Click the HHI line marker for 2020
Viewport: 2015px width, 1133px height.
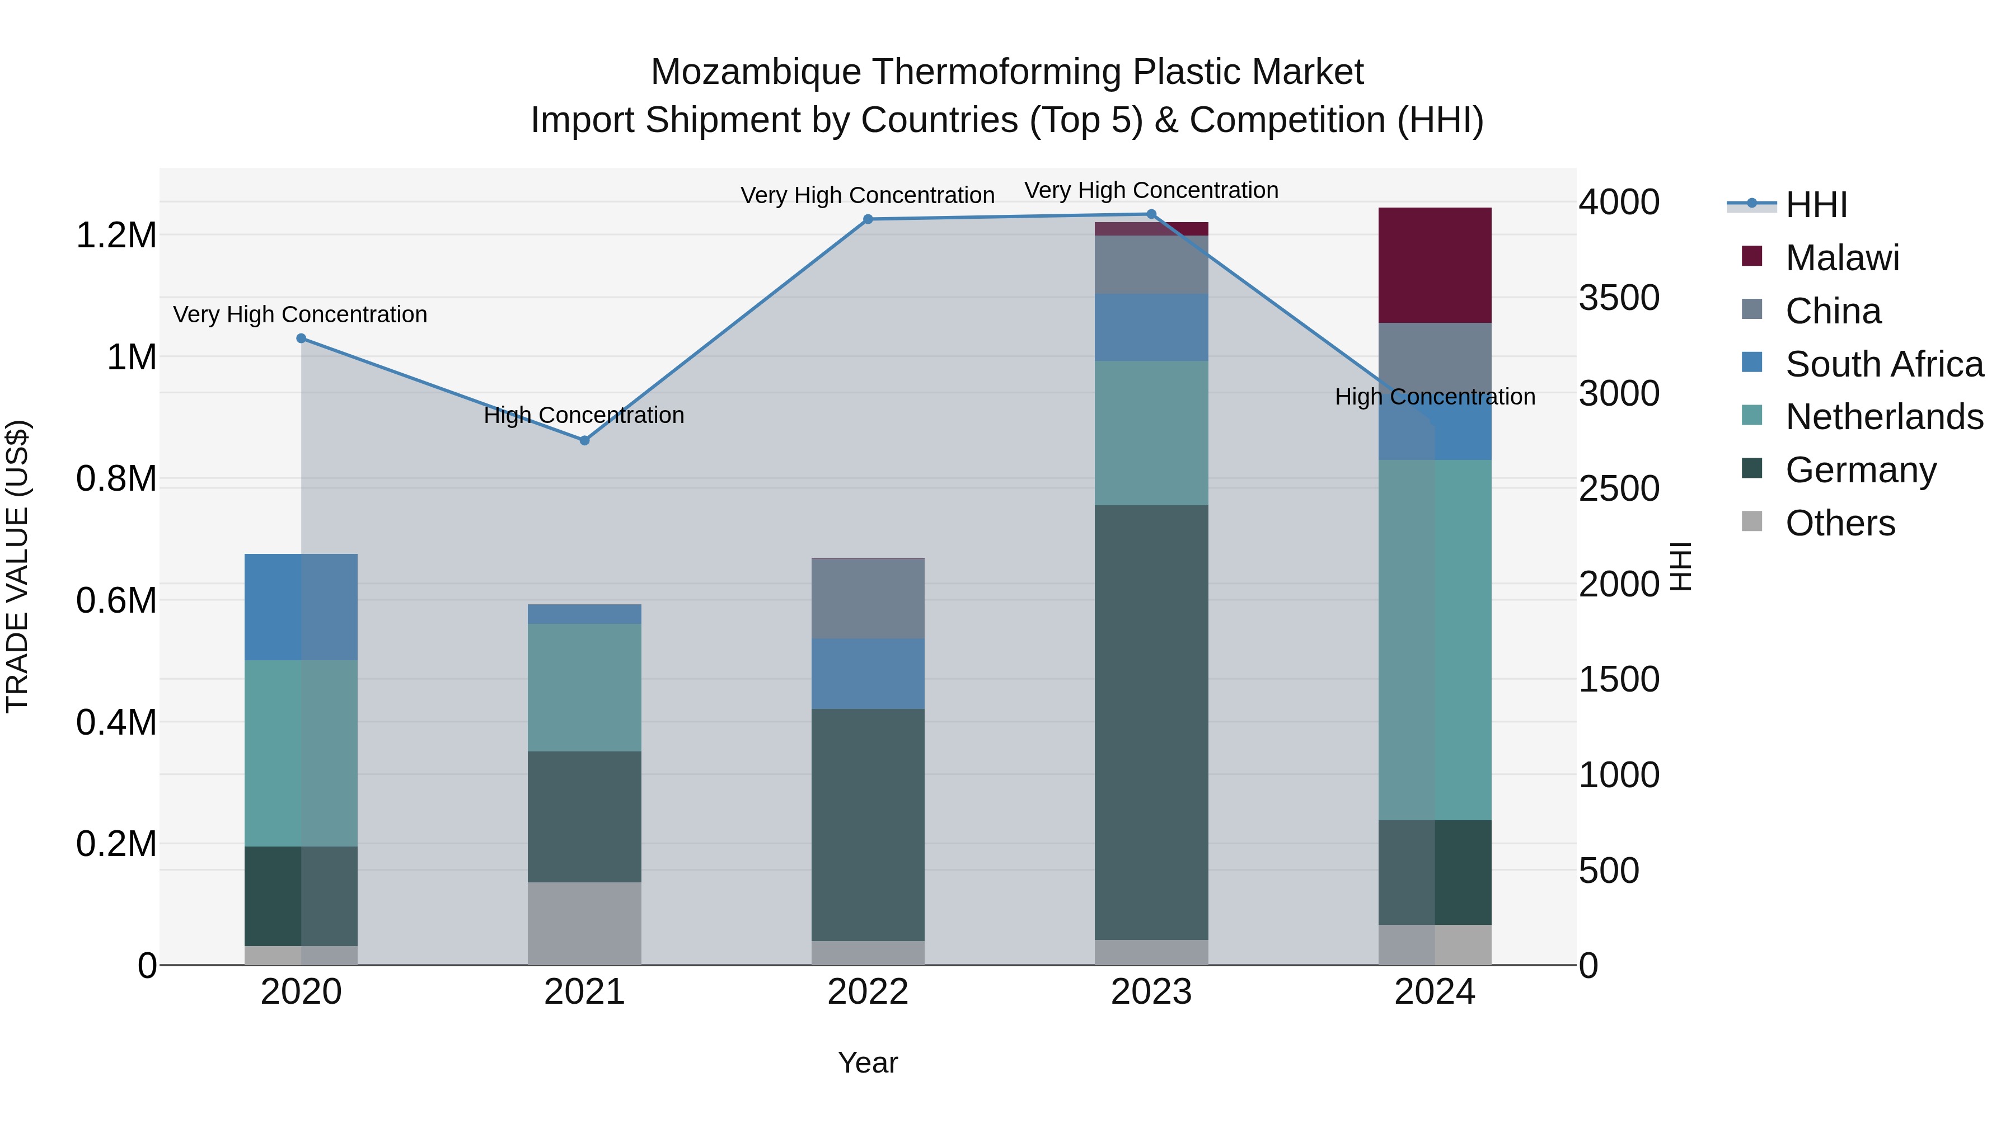pos(301,339)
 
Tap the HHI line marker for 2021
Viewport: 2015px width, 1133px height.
pos(584,440)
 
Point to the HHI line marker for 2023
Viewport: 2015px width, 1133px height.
pos(1151,214)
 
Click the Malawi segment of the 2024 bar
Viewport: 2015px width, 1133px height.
pos(1435,265)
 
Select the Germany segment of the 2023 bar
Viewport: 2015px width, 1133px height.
pos(1151,722)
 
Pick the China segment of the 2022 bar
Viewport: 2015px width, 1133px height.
pos(868,599)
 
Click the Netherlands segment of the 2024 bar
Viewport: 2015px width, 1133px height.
pos(1435,640)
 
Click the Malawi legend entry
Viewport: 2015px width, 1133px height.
pos(1842,258)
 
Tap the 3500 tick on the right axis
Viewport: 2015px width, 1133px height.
pos(1618,298)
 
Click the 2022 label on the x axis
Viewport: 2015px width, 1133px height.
pos(868,992)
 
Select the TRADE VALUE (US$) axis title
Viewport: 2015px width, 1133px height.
pos(17,566)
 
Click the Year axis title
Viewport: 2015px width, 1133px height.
pos(868,1063)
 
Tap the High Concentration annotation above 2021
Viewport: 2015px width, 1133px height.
pos(584,415)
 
